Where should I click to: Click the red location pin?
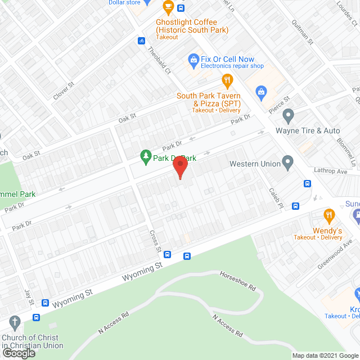click(179, 167)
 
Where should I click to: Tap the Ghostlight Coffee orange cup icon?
click(168, 7)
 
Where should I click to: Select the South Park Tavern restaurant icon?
click(227, 80)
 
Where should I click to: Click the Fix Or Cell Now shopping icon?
click(192, 59)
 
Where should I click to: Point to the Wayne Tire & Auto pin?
click(288, 116)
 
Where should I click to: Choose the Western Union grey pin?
click(288, 164)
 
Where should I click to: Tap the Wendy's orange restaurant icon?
click(328, 215)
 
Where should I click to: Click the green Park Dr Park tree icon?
click(146, 155)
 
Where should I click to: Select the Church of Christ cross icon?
click(15, 323)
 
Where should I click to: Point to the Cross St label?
click(155, 241)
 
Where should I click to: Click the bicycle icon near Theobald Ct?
click(142, 40)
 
